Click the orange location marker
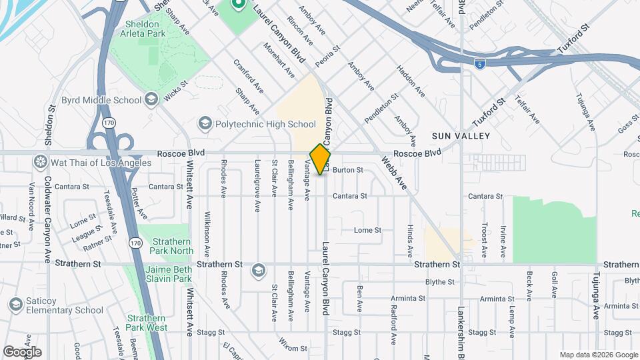click(x=321, y=159)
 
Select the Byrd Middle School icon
click(x=151, y=100)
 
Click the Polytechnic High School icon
click(x=205, y=124)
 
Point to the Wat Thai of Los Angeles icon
click(x=41, y=162)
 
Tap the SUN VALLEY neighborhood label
click(x=461, y=136)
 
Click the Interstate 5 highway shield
click(x=479, y=64)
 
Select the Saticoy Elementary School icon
click(x=15, y=305)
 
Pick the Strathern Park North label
click(x=173, y=246)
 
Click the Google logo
click(x=22, y=352)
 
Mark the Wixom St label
click(x=293, y=348)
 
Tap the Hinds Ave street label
click(x=410, y=241)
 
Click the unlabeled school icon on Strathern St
click(x=258, y=271)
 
